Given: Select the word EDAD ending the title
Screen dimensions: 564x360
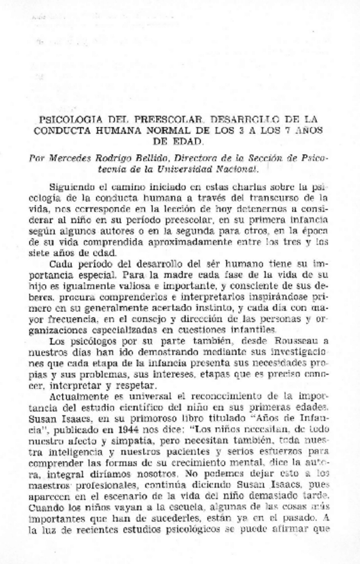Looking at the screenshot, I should click(180, 142).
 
